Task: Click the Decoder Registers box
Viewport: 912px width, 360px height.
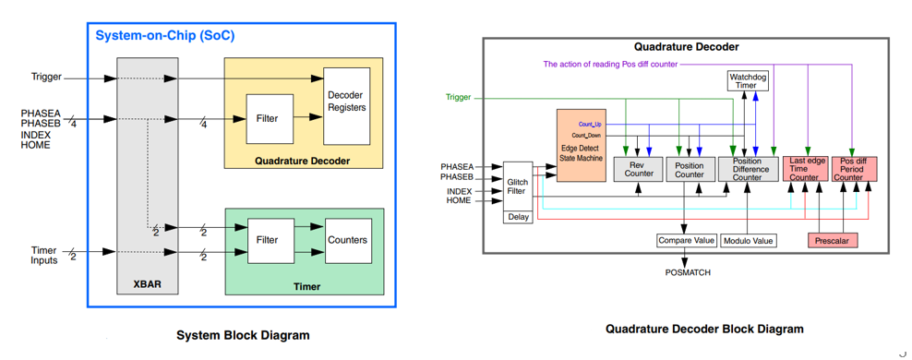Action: tap(347, 106)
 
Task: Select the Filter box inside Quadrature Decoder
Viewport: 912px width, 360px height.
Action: tap(270, 119)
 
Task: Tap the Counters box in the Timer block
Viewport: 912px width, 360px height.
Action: tap(348, 240)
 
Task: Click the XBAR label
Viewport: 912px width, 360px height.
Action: tap(147, 285)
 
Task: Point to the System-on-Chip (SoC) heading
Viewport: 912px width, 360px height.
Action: tap(165, 35)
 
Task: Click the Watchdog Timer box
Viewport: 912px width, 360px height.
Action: tap(748, 80)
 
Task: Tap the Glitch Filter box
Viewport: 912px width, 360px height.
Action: tap(518, 186)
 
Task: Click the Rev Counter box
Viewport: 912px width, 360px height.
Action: tap(639, 169)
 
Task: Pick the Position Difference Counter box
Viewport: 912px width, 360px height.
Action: tap(747, 169)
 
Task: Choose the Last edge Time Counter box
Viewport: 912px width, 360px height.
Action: tap(804, 169)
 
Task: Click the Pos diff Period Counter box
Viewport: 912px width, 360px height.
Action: tap(854, 169)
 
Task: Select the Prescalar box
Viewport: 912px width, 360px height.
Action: tap(833, 240)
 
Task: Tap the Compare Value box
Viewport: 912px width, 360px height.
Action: tap(686, 240)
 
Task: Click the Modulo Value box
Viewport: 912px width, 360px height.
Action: tap(748, 240)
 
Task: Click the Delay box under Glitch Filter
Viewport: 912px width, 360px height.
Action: tap(518, 218)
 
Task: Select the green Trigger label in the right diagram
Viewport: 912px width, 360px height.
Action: tap(459, 97)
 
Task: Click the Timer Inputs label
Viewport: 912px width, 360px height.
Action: tap(44, 256)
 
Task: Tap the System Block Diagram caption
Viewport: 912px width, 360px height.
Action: tap(243, 335)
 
